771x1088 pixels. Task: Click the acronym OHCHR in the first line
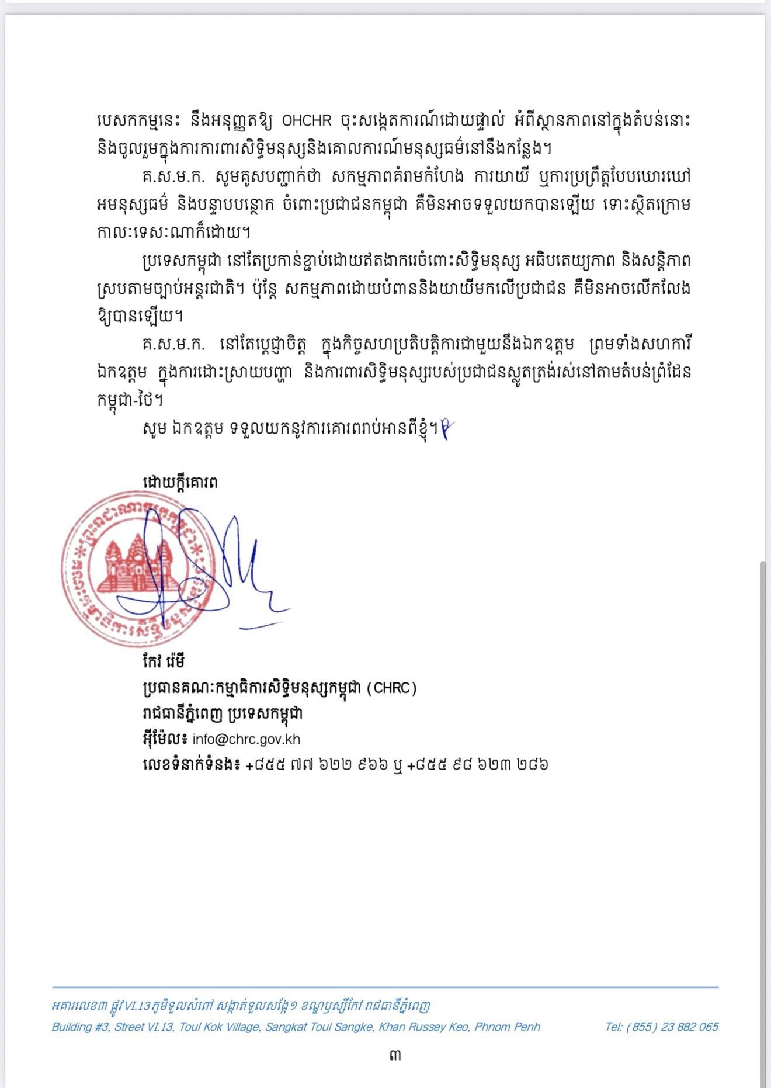(306, 121)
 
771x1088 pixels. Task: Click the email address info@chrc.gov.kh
(246, 739)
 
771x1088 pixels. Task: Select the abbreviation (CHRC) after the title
(391, 688)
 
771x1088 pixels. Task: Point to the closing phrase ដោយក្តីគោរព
(180, 483)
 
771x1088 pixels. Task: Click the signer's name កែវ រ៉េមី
(164, 661)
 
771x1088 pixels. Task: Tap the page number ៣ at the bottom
(395, 1055)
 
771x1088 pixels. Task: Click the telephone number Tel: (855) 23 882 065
(661, 1027)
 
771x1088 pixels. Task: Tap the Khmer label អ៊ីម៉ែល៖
(165, 739)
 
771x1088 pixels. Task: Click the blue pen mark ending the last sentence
(446, 429)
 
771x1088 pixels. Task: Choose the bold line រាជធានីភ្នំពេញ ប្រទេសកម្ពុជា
(223, 713)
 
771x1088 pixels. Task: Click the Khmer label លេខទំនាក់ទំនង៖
(191, 764)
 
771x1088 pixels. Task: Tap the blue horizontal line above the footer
(385, 987)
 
